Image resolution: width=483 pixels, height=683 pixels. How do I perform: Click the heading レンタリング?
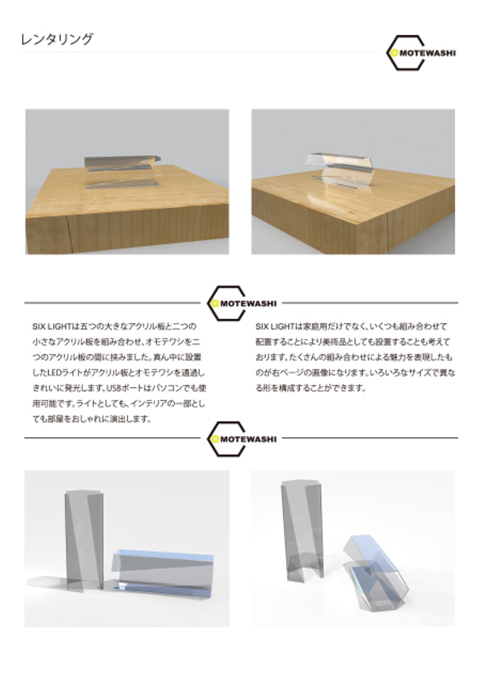pyautogui.click(x=57, y=39)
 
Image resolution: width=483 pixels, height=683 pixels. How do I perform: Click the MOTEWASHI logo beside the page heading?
pyautogui.click(x=421, y=53)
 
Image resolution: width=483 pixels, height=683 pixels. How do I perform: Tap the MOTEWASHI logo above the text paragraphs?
pyautogui.click(x=241, y=303)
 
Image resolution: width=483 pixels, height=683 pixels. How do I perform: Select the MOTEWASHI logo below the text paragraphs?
pyautogui.click(x=241, y=438)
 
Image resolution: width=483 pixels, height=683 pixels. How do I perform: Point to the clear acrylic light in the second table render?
pyautogui.click(x=341, y=171)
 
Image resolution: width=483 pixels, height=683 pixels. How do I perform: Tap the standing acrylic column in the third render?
pyautogui.click(x=85, y=540)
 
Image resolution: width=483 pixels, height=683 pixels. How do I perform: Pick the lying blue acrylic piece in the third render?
pyautogui.click(x=162, y=572)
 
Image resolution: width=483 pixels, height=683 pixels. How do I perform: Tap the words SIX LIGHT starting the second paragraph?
pyautogui.click(x=276, y=326)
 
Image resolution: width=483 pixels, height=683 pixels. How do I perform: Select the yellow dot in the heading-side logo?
pyautogui.click(x=394, y=53)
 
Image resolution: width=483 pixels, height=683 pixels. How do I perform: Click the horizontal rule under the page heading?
pyautogui.click(x=200, y=52)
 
